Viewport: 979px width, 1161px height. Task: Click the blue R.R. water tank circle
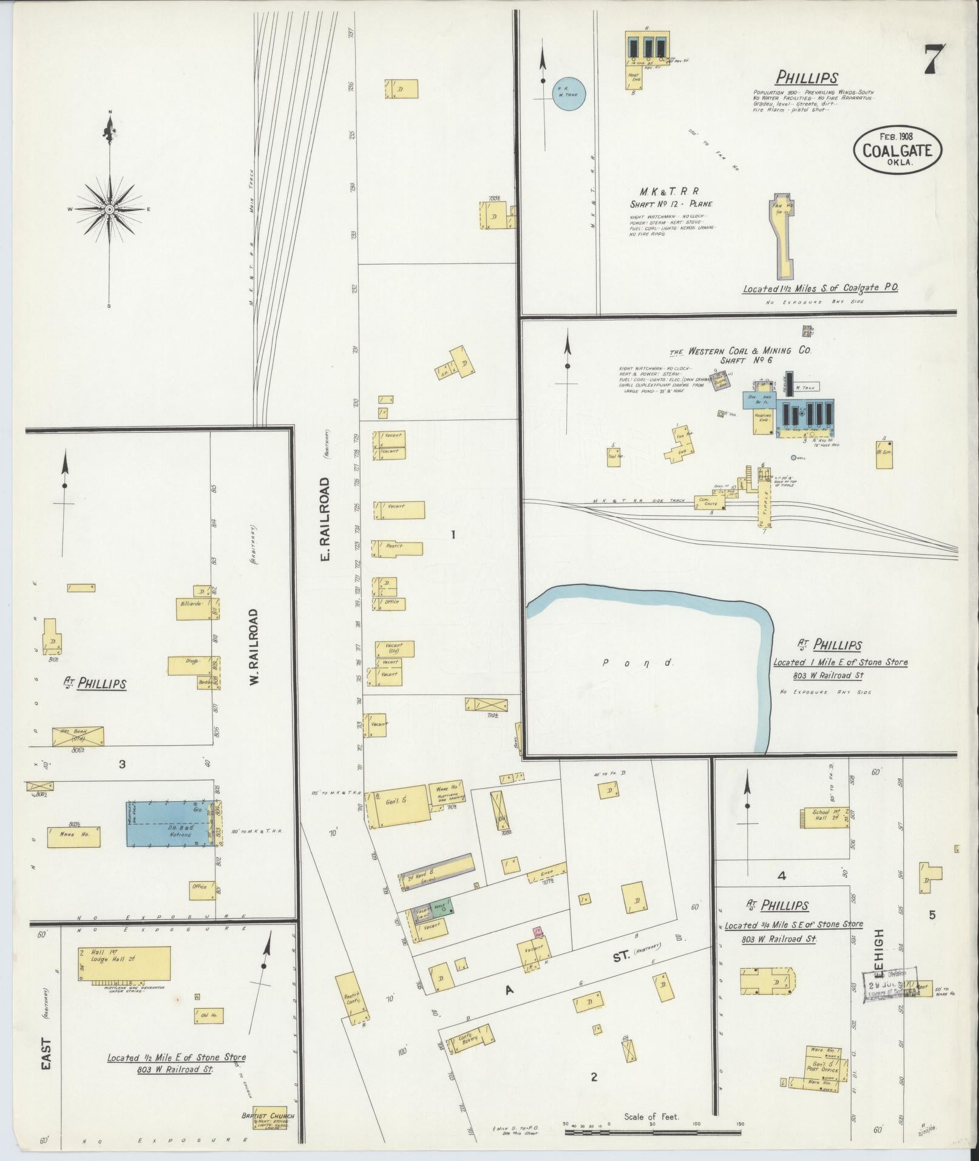click(569, 94)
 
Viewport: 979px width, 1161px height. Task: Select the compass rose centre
click(109, 209)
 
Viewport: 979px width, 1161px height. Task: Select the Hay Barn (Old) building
click(78, 736)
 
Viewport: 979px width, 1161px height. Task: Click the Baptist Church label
click(268, 1116)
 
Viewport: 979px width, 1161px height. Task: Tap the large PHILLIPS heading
click(807, 78)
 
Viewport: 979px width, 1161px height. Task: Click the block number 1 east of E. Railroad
click(453, 534)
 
